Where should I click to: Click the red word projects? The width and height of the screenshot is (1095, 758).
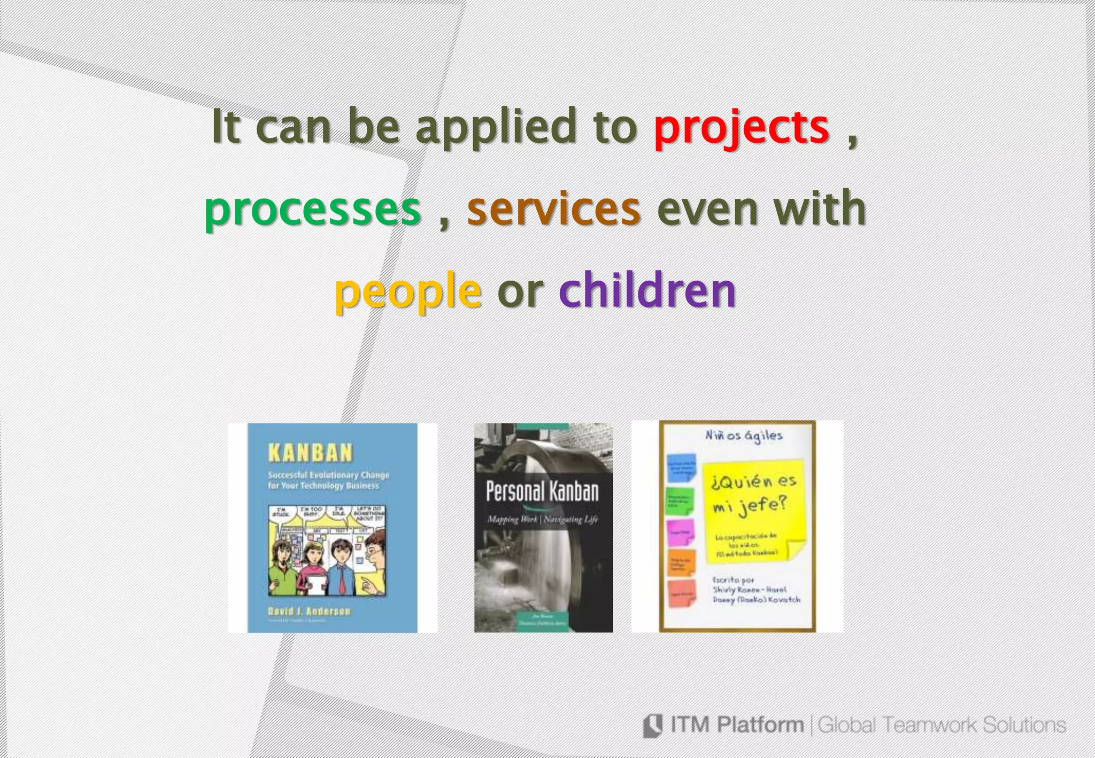pyautogui.click(x=741, y=127)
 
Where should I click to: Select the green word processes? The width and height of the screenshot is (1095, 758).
pyautogui.click(x=312, y=209)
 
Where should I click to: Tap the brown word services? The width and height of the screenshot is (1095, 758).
pyautogui.click(x=553, y=209)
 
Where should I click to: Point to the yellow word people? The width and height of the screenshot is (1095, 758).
pyautogui.click(x=407, y=291)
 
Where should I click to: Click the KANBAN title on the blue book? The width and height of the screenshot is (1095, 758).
pyautogui.click(x=310, y=453)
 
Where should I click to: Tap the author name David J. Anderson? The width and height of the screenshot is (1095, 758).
pyautogui.click(x=310, y=611)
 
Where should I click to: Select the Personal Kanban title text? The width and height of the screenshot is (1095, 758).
pyautogui.click(x=542, y=491)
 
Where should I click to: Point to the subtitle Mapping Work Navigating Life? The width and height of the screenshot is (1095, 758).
pyautogui.click(x=542, y=519)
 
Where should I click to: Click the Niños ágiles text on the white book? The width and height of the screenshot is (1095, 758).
pyautogui.click(x=743, y=436)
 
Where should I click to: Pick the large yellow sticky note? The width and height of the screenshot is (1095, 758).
pyautogui.click(x=754, y=513)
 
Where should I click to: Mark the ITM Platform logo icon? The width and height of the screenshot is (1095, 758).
pyautogui.click(x=653, y=725)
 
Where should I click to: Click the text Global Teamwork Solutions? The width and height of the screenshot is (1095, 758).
pyautogui.click(x=942, y=725)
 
